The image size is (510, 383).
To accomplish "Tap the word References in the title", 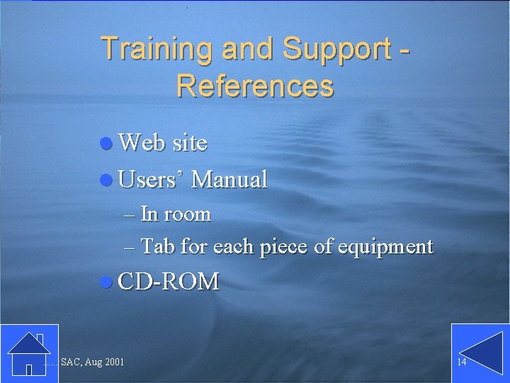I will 255,86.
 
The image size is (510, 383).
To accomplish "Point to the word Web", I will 142,143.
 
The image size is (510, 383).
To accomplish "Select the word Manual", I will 229,179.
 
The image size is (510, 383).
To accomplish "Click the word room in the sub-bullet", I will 187,213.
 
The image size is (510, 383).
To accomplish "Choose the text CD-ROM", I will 169,282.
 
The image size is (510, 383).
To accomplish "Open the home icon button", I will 29,353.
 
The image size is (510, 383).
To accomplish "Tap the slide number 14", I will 461,362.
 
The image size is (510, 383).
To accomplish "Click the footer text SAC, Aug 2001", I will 92,362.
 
